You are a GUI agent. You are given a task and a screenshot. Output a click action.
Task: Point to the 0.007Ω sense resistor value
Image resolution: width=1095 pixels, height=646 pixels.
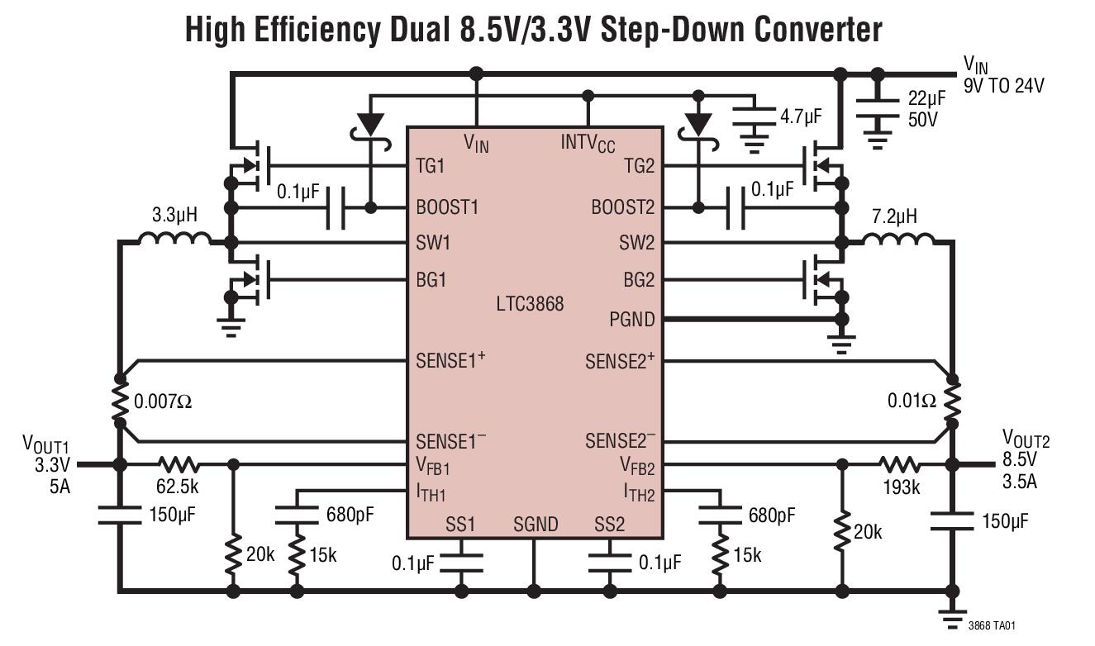pos(163,403)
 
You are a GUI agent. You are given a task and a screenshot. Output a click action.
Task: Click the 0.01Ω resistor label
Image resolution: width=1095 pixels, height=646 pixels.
pos(912,401)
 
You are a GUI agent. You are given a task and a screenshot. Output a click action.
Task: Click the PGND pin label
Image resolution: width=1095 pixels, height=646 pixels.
pos(631,319)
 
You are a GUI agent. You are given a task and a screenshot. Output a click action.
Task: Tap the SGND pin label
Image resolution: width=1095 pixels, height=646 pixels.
pos(536,525)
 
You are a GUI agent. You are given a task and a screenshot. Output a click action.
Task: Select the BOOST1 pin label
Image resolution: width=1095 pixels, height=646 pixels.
pos(447,207)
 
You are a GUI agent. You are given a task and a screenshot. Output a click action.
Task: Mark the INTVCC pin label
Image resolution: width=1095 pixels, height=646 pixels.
pos(588,143)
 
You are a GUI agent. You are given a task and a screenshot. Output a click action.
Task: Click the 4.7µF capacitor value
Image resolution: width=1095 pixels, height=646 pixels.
pos(801,116)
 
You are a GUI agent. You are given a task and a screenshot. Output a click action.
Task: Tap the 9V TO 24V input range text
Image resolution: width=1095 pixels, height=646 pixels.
pos(1003,84)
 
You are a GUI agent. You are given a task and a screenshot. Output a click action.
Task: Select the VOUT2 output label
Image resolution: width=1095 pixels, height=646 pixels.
pos(1026,439)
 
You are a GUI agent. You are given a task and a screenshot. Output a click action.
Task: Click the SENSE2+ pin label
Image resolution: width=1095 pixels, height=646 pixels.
pos(620,361)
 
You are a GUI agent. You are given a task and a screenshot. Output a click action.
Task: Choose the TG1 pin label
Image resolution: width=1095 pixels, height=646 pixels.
pos(430,166)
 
